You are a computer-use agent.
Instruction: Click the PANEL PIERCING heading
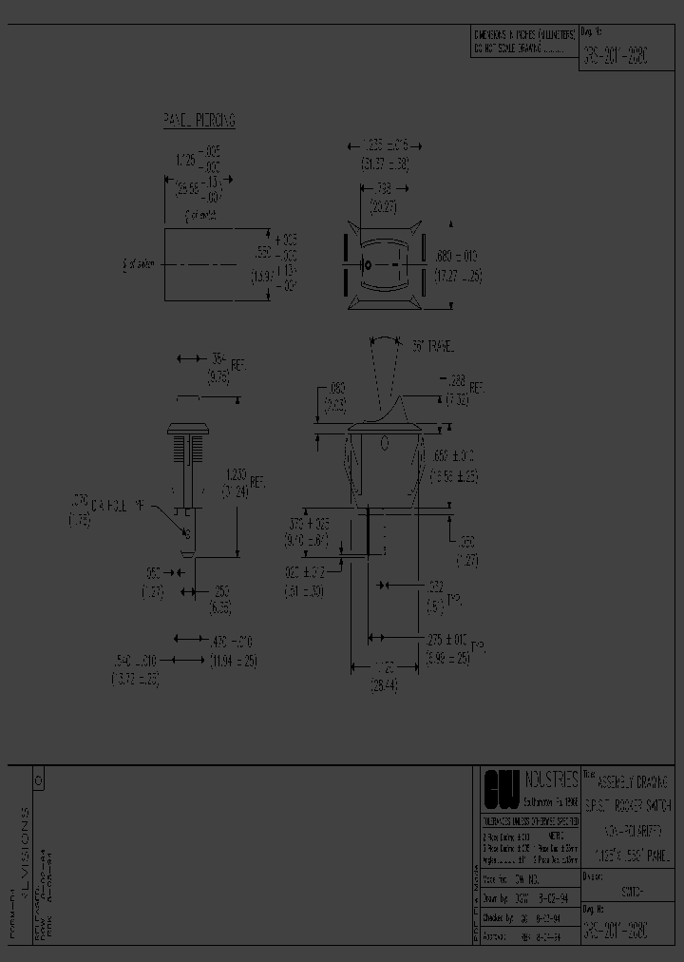click(x=199, y=121)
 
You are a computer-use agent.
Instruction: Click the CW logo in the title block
click(x=502, y=789)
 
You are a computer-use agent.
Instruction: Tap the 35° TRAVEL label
click(x=435, y=350)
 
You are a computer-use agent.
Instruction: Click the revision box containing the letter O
click(x=38, y=779)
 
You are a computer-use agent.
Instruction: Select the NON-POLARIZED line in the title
click(x=631, y=830)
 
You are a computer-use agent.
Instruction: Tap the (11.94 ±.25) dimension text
click(x=232, y=661)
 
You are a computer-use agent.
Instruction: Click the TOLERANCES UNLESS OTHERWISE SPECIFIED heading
click(x=527, y=819)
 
